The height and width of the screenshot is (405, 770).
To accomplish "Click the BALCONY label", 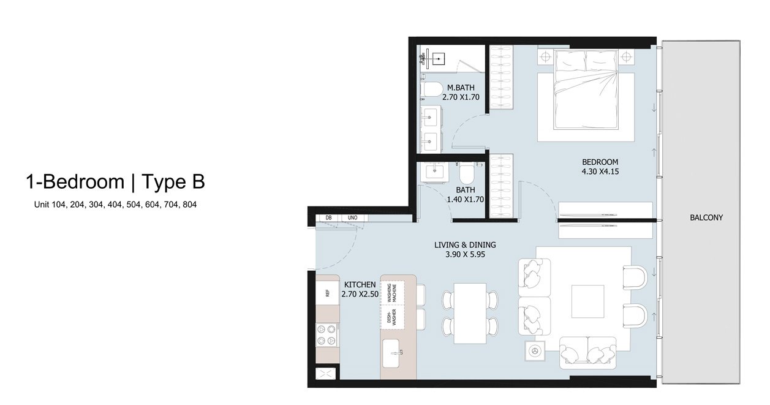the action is (706, 218).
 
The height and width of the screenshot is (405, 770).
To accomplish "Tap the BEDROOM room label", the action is (600, 162).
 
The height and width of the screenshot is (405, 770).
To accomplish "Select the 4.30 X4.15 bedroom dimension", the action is (600, 172).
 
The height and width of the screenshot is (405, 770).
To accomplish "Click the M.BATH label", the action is (461, 88).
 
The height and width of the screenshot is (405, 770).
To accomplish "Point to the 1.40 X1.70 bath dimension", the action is (465, 199).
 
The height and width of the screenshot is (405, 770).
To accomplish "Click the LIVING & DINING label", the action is (465, 245).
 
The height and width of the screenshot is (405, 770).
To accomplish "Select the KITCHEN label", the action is (360, 285).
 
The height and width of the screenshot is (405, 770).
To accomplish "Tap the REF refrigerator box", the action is (328, 293).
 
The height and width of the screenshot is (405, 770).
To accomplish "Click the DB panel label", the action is (328, 218).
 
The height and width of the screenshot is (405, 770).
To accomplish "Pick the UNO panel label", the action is (352, 218).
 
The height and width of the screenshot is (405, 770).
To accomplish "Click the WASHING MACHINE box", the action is (392, 293).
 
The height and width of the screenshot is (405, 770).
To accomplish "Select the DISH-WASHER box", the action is (392, 317).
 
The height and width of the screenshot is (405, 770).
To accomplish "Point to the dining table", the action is (470, 313).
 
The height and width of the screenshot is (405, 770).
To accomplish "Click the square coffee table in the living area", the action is (588, 301).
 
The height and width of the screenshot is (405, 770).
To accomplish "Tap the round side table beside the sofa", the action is (535, 351).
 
